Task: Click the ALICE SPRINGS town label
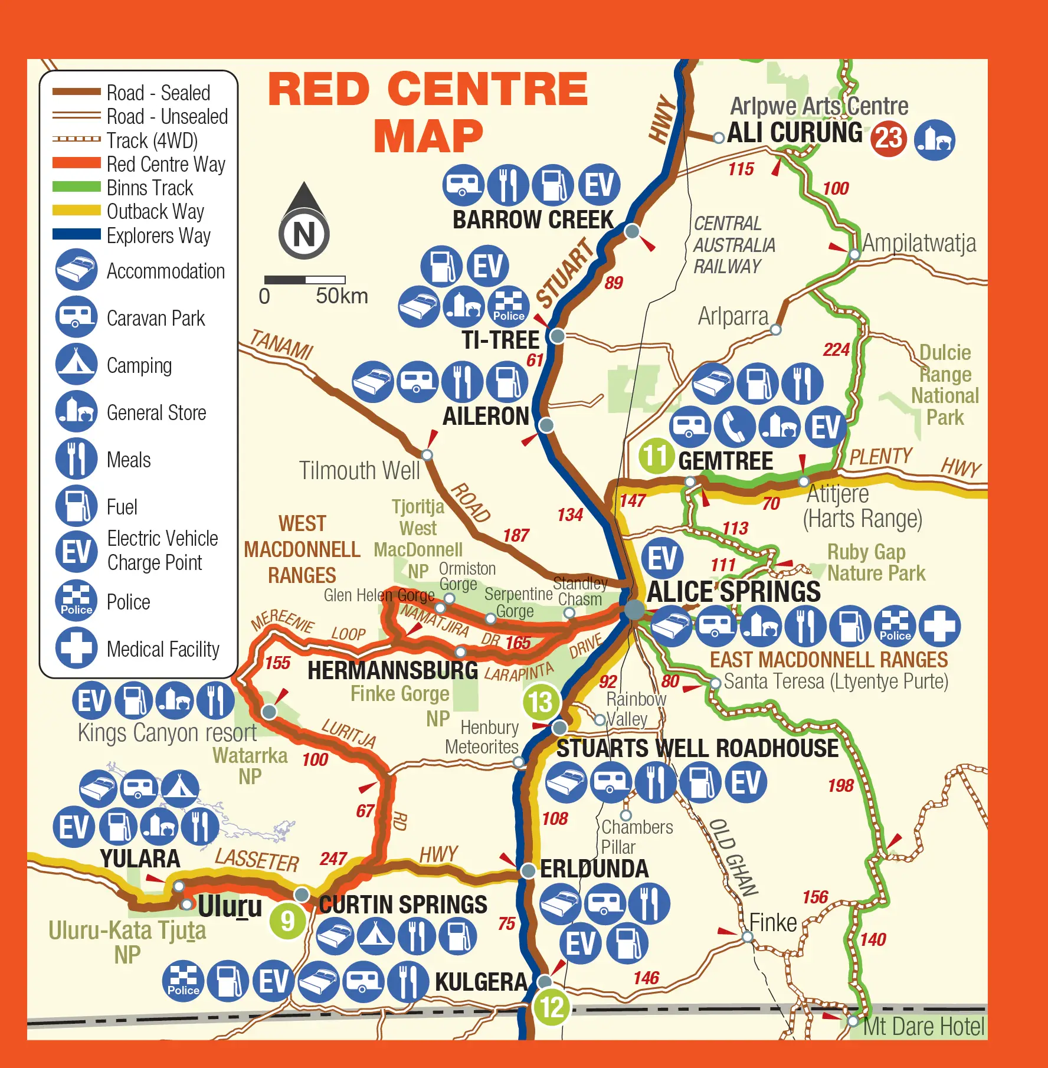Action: coord(733,591)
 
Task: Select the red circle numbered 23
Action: coord(889,139)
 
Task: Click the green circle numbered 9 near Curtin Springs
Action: coord(287,920)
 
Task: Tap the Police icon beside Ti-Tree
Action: coord(508,306)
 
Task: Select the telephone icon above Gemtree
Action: coord(734,427)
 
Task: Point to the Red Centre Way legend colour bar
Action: coord(76,163)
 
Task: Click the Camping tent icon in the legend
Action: coord(76,364)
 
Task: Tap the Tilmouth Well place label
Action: coord(359,471)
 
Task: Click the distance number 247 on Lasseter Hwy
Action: coord(333,859)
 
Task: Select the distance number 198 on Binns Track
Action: coord(840,785)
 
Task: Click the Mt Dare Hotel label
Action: coord(923,1027)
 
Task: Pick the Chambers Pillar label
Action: coord(636,837)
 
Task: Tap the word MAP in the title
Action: coord(428,136)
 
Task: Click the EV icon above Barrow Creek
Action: coord(599,185)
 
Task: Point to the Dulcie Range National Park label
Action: coord(945,385)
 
